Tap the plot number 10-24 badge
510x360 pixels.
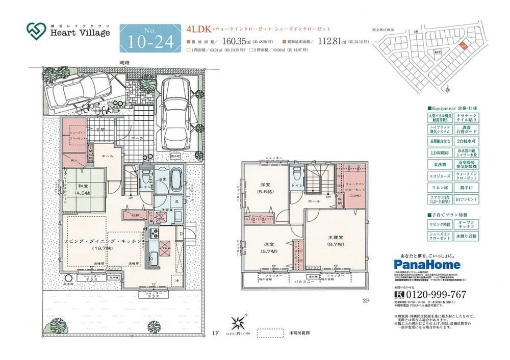coord(147,38)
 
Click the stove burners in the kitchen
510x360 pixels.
coord(154,235)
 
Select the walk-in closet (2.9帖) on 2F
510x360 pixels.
coord(353,189)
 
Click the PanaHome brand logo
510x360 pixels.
coord(428,264)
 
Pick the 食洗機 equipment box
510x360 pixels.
coord(439,165)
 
